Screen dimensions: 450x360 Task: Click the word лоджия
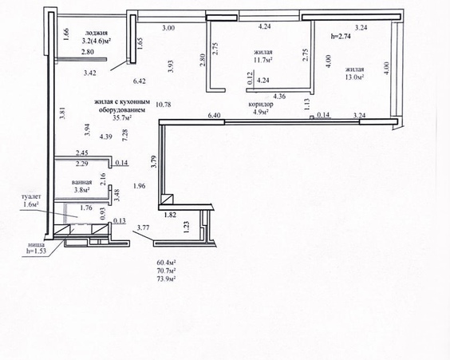click(x=97, y=34)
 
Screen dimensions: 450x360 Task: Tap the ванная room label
click(x=82, y=182)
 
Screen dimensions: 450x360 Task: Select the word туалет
click(x=31, y=197)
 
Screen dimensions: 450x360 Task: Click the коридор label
click(x=261, y=105)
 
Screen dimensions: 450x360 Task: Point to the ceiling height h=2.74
click(x=341, y=37)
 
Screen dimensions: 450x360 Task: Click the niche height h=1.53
click(x=36, y=251)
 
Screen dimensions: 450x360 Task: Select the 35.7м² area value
click(x=123, y=117)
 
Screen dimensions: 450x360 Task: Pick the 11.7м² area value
click(x=263, y=60)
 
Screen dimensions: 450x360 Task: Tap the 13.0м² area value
click(x=355, y=77)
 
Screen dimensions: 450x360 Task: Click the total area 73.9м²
click(x=166, y=279)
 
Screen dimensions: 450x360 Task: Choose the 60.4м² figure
click(x=166, y=263)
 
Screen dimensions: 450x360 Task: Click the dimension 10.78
click(x=164, y=105)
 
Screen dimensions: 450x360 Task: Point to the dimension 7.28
click(x=124, y=135)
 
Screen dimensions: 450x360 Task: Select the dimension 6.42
click(x=139, y=81)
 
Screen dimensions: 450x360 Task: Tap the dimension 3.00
click(x=168, y=28)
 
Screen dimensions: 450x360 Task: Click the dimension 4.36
click(x=279, y=96)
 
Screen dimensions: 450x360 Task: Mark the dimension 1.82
click(x=170, y=215)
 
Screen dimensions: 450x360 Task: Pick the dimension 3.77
click(x=143, y=228)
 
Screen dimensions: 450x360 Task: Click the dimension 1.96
click(x=139, y=186)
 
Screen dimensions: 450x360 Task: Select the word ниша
click(x=36, y=244)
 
